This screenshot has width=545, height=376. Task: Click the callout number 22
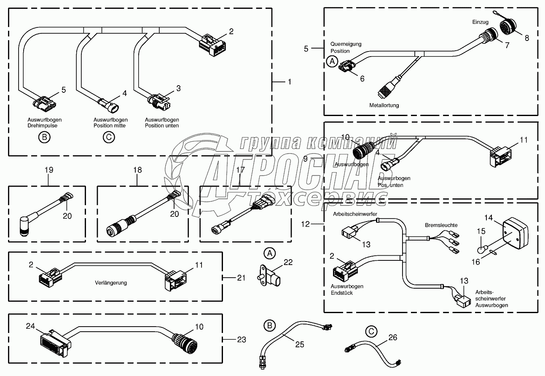(288, 262)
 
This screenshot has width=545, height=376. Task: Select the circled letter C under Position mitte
(108, 137)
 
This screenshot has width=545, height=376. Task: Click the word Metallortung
(384, 105)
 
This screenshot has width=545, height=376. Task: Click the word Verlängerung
(110, 283)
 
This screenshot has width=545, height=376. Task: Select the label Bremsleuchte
(441, 225)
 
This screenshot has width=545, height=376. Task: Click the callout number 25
(300, 344)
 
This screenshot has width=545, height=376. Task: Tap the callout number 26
(392, 338)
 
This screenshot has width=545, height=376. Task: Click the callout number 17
(240, 170)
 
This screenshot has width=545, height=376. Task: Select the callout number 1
(289, 81)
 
